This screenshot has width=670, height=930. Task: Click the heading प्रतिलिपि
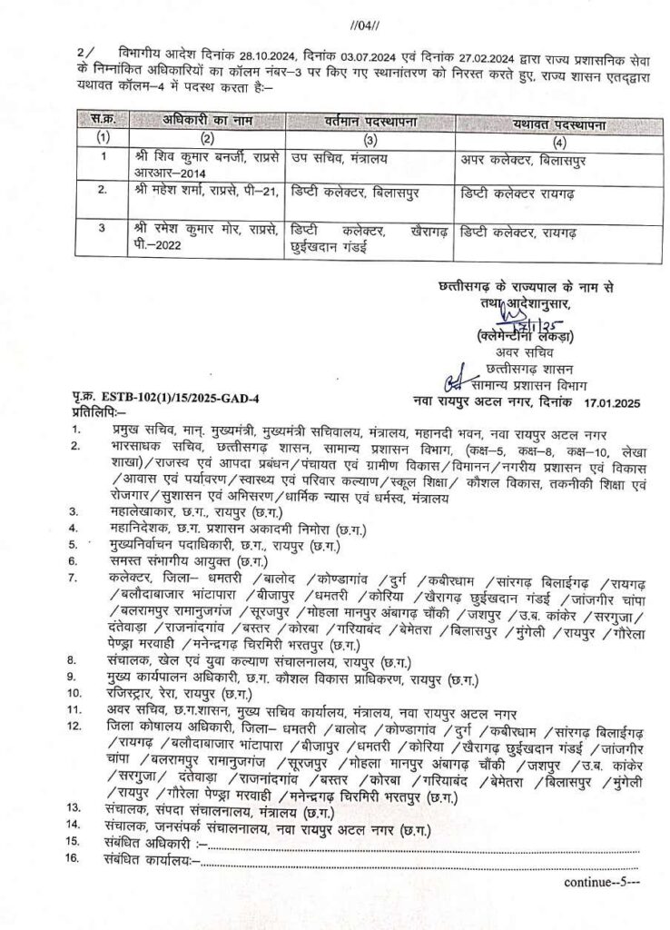(99, 413)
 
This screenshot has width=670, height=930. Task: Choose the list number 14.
(80, 826)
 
